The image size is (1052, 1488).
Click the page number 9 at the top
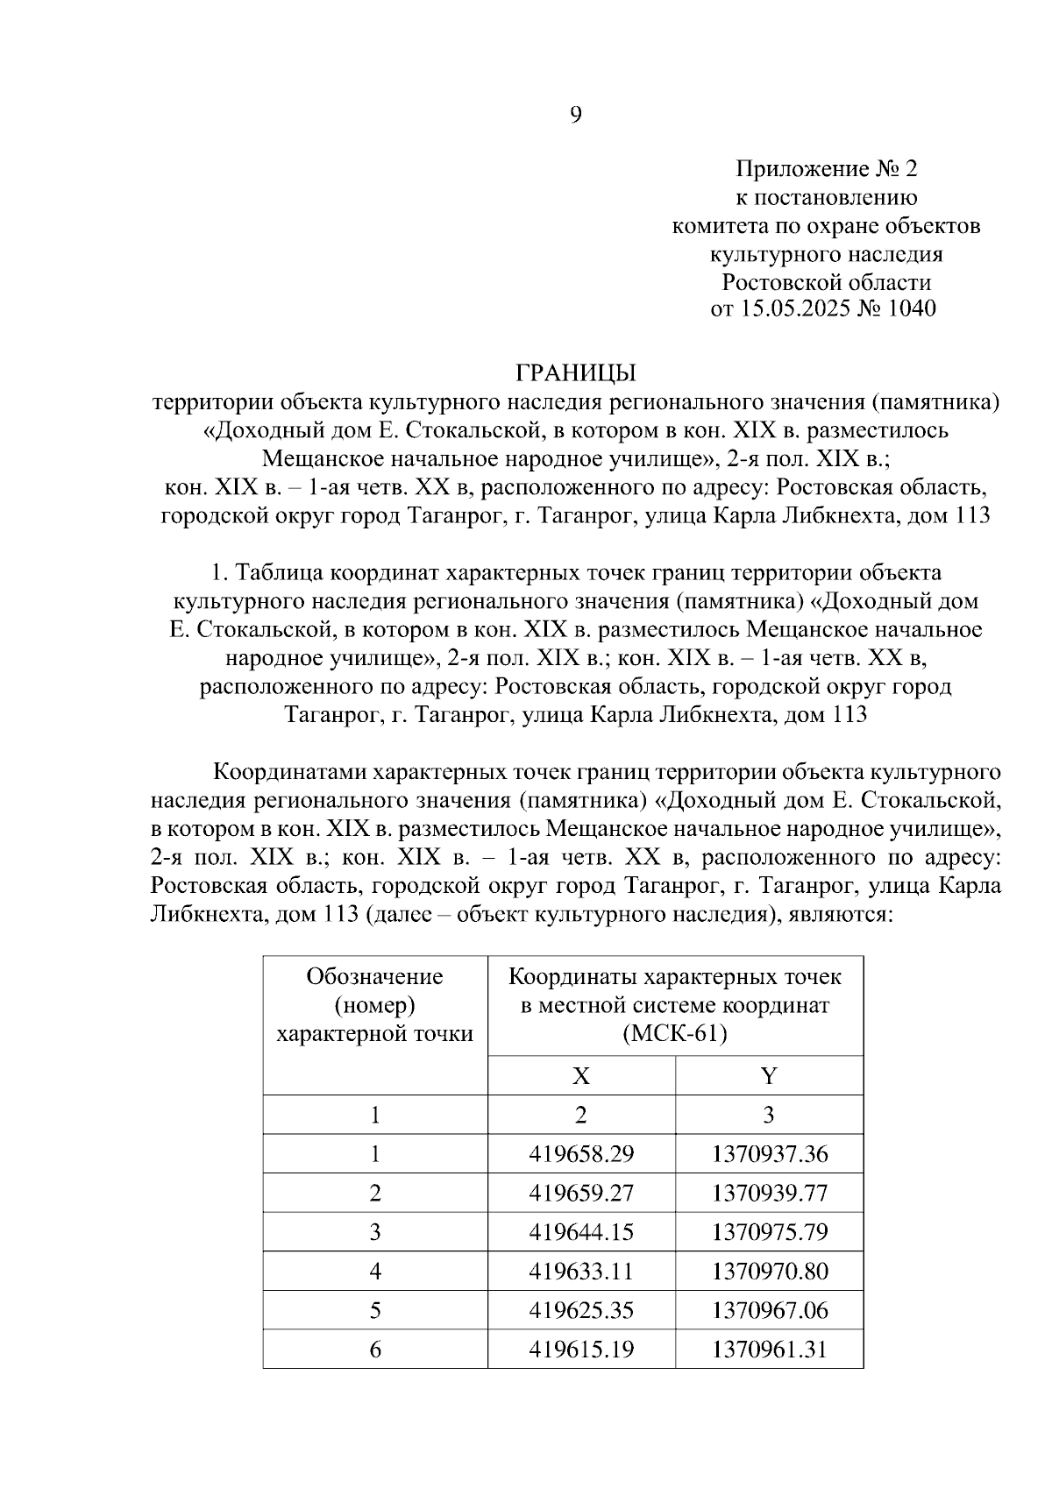(575, 115)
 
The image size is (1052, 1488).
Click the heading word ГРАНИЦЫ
(575, 373)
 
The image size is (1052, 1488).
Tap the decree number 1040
(912, 308)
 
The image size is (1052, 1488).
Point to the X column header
(580, 1075)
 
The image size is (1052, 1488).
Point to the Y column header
(769, 1075)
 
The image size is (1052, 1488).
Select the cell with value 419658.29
(581, 1154)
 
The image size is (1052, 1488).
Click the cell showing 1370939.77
(769, 1194)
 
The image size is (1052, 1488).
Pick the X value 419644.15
(581, 1232)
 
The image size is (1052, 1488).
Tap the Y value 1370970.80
(769, 1272)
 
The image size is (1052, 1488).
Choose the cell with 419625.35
(581, 1311)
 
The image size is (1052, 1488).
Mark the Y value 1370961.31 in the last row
(769, 1350)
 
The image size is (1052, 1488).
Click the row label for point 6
(375, 1350)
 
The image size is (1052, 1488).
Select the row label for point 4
(375, 1272)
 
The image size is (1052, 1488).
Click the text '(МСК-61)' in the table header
(675, 1034)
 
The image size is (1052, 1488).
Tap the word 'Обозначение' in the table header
(374, 976)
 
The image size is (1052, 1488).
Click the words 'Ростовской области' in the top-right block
(826, 282)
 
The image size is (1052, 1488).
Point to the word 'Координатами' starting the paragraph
(291, 773)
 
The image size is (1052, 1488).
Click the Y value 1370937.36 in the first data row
(769, 1154)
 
